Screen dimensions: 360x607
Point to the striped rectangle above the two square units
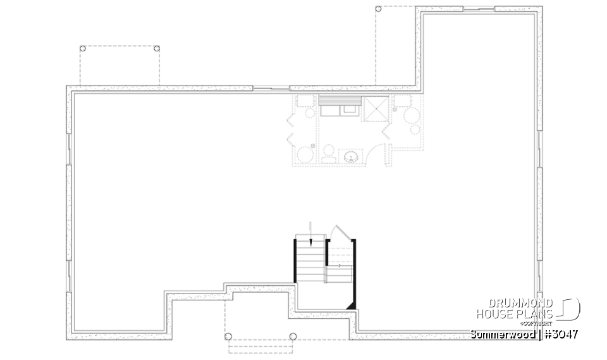coord(340,100)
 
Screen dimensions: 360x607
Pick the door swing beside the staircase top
coord(340,233)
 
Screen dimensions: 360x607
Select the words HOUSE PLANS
coord(515,313)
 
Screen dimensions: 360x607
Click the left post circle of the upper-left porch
coord(83,49)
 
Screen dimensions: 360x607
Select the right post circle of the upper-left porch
coord(157,49)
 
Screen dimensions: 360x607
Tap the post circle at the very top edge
coord(378,9)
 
